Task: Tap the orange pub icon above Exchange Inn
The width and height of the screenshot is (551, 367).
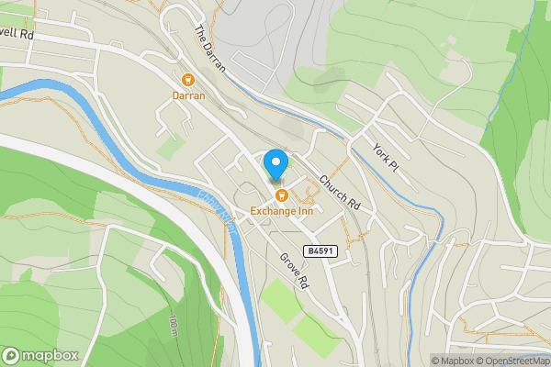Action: tap(282, 195)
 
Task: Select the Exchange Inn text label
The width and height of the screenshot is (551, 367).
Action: tap(282, 210)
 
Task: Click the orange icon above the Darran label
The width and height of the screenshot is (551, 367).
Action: tap(188, 80)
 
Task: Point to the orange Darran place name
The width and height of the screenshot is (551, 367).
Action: tap(188, 95)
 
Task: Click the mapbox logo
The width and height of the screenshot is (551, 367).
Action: tap(39, 355)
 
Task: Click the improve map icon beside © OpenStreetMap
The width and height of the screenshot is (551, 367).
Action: tap(545, 361)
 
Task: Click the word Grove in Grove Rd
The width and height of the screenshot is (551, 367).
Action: tap(288, 265)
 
